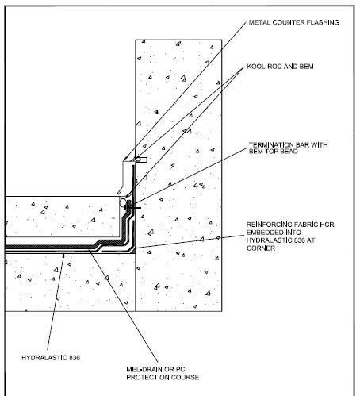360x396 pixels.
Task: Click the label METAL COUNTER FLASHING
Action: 294,22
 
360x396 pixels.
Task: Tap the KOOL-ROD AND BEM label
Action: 280,67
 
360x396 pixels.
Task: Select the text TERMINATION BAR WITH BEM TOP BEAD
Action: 288,148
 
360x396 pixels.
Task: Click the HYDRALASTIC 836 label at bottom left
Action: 51,358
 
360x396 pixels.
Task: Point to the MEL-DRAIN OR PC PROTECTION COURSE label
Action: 163,373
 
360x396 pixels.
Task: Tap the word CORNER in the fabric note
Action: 261,248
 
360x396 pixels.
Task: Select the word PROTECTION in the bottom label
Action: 147,377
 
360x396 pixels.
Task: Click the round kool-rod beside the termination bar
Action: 123,203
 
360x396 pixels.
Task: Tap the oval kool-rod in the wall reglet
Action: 137,160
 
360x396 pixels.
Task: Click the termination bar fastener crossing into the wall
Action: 135,207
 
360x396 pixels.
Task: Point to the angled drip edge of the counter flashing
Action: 121,190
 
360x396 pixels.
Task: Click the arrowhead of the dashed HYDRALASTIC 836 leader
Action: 63,256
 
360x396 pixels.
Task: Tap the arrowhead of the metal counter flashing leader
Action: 126,159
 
